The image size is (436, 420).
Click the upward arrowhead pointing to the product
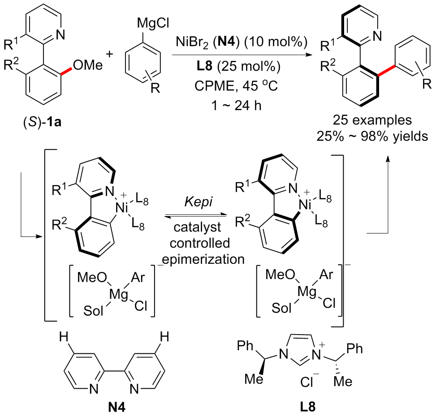(x=388, y=159)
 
